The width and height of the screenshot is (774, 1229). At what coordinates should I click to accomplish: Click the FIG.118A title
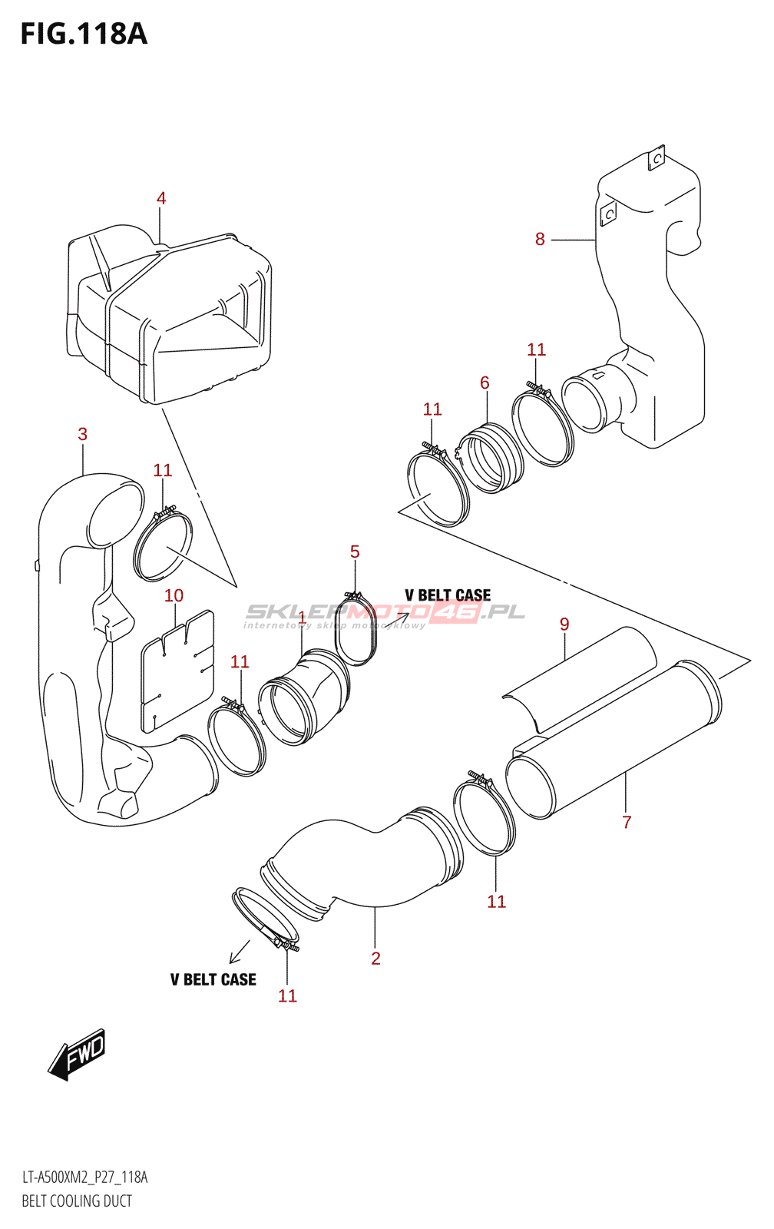pyautogui.click(x=84, y=34)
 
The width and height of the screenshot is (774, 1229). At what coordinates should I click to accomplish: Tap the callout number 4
pyautogui.click(x=160, y=198)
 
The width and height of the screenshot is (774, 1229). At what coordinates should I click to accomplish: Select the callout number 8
pyautogui.click(x=540, y=239)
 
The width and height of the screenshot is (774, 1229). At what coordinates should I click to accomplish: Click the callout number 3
pyautogui.click(x=82, y=434)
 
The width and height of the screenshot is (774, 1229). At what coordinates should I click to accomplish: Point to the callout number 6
pyautogui.click(x=485, y=383)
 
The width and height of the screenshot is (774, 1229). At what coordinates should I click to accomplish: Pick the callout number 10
pyautogui.click(x=174, y=595)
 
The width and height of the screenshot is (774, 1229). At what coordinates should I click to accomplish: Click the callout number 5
pyautogui.click(x=355, y=552)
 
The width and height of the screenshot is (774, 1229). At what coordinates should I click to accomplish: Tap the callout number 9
pyautogui.click(x=564, y=624)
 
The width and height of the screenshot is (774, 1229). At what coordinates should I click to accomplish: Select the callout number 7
pyautogui.click(x=627, y=822)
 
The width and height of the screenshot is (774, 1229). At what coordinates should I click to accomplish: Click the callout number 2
pyautogui.click(x=375, y=958)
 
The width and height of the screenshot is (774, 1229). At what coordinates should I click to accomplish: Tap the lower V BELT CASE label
pyautogui.click(x=213, y=979)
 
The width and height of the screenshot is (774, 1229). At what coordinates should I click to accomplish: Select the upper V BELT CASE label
pyautogui.click(x=448, y=595)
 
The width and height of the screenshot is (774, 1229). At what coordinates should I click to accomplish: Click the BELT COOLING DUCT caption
pyautogui.click(x=77, y=1201)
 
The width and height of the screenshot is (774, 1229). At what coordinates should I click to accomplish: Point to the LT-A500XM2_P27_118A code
pyautogui.click(x=84, y=1178)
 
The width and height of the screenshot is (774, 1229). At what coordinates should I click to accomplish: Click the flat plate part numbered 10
pyautogui.click(x=177, y=671)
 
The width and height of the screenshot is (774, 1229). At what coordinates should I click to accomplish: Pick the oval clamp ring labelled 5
pyautogui.click(x=357, y=629)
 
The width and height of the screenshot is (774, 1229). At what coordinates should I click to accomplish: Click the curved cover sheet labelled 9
pyautogui.click(x=580, y=680)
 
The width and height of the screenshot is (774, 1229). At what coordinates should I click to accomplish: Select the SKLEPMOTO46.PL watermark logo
pyautogui.click(x=384, y=614)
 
